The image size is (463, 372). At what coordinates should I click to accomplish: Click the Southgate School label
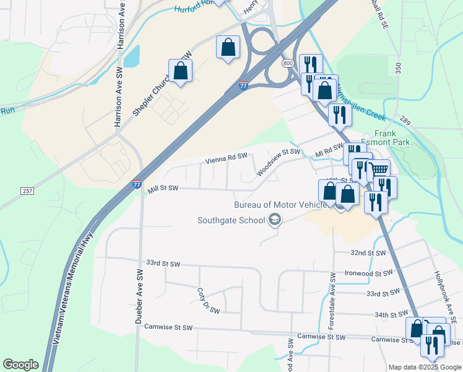pos(231,220)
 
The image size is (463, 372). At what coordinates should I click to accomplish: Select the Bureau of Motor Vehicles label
pos(280,205)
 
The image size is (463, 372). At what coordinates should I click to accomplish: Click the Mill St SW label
pos(163,188)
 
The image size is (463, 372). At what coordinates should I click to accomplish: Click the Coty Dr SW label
pos(203,298)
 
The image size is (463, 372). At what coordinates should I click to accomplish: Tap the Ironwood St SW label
pos(369,273)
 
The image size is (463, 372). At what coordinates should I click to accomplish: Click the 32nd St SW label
pos(368,253)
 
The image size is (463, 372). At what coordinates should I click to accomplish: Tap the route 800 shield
pos(287,63)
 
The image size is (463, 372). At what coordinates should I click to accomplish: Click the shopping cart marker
pos(378,169)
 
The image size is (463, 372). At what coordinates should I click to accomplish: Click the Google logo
pos(20,365)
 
